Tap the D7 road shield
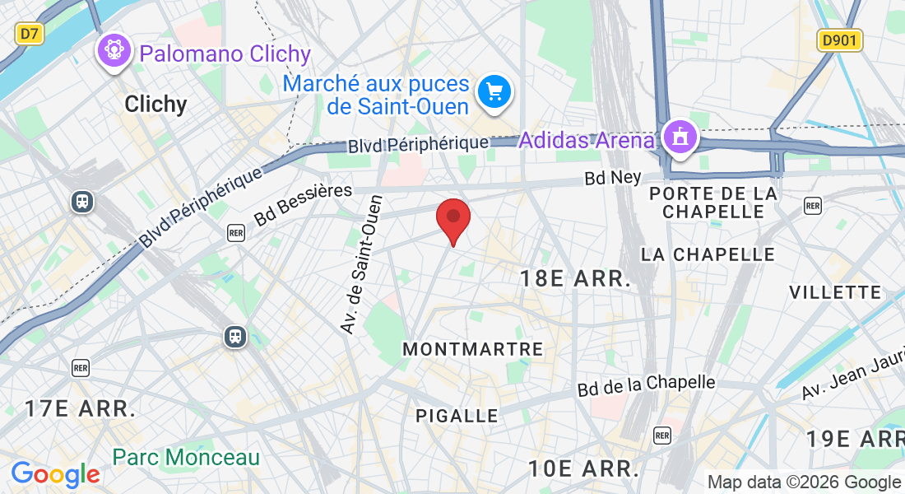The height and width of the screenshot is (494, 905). coord(30,34)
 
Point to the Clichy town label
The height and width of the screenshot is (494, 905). coord(155,105)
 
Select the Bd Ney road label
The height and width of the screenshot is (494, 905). coord(612,178)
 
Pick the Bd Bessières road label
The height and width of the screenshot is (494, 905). coord(303,205)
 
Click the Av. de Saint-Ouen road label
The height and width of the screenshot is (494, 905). coord(362,264)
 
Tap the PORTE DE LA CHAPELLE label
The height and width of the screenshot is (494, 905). coord(713,203)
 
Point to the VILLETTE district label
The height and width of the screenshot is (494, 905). coord(835,292)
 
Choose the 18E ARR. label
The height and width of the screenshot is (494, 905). coord(575,279)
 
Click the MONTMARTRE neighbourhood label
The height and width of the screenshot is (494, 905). coord(473,350)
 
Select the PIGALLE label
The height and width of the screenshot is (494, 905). coord(457,416)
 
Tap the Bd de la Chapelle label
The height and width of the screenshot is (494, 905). coord(646,384)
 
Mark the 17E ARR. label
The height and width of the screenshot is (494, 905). coord(80,408)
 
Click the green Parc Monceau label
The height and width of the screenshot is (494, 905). coord(186,457)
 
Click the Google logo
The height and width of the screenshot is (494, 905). coord(55,474)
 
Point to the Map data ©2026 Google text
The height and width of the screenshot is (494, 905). coord(804,482)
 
